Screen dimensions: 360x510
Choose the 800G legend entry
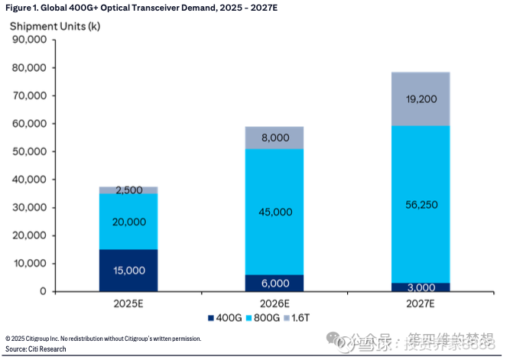click(x=264, y=316)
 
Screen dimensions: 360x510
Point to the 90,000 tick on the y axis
click(x=28, y=40)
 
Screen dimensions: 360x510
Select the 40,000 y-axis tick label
click(x=28, y=180)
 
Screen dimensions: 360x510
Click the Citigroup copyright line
click(x=103, y=339)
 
